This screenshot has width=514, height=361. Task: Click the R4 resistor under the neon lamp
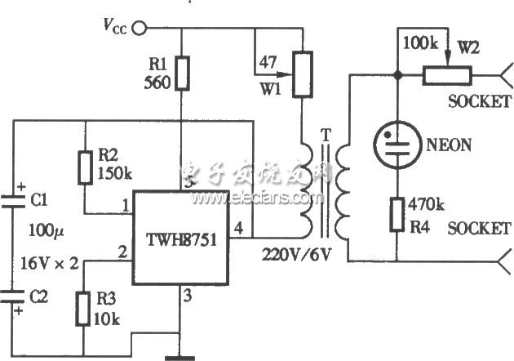[x=398, y=215]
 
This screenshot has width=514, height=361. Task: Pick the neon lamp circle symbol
[x=398, y=145]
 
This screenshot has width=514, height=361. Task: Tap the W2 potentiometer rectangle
[x=445, y=76]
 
